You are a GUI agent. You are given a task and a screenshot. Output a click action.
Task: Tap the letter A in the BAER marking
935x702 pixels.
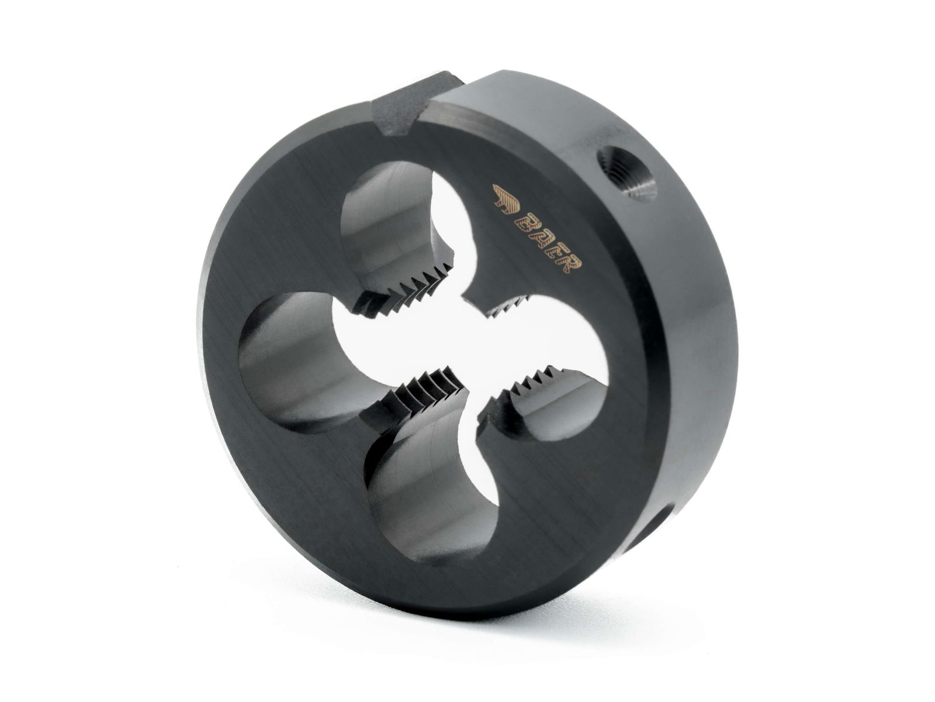coord(536,237)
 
